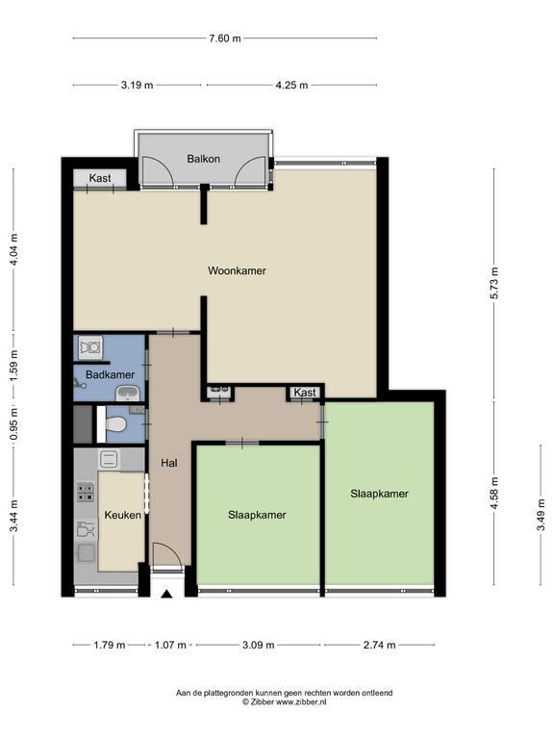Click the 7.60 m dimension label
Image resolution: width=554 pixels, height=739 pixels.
point(225,38)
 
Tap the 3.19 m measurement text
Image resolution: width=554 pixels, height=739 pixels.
point(138,86)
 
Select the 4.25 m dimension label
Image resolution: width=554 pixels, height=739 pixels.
point(291,86)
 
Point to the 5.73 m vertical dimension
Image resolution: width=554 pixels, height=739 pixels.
point(494,283)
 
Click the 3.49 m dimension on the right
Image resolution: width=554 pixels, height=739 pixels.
point(541,515)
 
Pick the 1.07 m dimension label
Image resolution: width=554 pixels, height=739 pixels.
point(170,645)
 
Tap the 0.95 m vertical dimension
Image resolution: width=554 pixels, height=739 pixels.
point(13,423)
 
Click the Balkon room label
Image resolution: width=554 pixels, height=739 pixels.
point(204,159)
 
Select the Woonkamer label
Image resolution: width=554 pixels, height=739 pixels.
point(237,271)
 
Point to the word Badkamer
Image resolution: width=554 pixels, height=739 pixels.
point(111,374)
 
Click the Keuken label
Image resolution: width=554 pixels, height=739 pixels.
point(122,515)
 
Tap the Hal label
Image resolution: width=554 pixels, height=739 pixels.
point(169,463)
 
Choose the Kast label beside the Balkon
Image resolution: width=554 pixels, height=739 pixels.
point(100,178)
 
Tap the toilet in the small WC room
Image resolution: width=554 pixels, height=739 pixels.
point(115,425)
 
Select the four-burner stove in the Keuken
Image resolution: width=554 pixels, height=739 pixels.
point(86,492)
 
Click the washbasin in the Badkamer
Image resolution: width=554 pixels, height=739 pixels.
point(127,393)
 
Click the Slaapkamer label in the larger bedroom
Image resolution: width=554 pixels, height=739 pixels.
point(379,494)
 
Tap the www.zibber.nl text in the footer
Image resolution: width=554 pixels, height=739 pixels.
point(301,701)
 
